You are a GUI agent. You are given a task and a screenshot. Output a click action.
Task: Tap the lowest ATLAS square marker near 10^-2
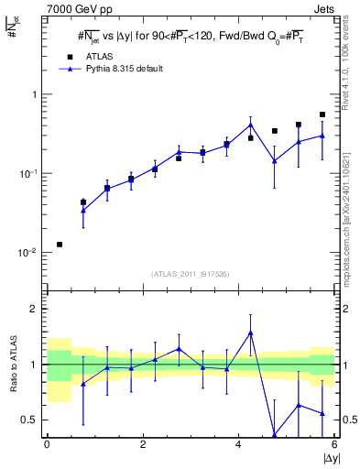(x=60, y=245)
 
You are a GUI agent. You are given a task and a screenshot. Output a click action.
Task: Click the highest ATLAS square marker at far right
(x=322, y=115)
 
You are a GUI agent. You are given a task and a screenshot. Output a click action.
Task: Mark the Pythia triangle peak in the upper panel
(x=250, y=125)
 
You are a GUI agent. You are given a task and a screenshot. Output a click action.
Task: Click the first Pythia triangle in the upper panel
(x=83, y=211)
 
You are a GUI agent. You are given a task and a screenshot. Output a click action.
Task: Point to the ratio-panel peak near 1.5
(x=250, y=333)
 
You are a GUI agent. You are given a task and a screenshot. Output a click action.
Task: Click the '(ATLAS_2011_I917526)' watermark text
(x=191, y=274)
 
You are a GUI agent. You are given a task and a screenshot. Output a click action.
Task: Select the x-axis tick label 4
(x=238, y=446)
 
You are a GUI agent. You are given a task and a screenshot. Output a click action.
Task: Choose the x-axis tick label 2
(x=143, y=446)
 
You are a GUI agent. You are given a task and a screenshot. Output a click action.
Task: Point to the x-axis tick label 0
(x=47, y=446)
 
